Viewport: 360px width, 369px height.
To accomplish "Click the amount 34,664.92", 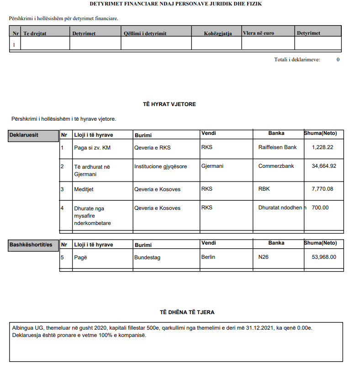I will tap(324, 166).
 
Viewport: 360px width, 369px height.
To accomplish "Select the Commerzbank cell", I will tap(276, 166).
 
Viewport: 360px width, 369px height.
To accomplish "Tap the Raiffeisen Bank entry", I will tap(277, 147).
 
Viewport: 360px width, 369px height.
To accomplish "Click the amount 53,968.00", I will tap(324, 257).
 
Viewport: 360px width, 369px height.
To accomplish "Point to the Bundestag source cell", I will tap(147, 258).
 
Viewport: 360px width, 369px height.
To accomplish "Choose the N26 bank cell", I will tap(264, 257).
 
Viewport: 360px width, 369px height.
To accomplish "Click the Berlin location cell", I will tap(208, 257).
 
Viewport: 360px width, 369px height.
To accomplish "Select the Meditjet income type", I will tap(84, 189).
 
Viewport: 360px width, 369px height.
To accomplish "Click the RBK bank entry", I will tap(265, 189).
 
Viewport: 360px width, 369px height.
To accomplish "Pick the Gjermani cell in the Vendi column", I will tap(212, 166).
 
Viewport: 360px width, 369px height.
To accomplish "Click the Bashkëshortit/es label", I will tap(31, 245).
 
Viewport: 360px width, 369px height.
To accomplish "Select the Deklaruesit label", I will tap(24, 135).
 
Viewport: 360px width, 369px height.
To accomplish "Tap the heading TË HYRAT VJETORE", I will tap(169, 104).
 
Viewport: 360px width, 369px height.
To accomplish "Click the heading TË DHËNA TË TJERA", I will tap(187, 312).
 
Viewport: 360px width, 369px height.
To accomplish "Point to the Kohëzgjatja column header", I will tap(218, 33).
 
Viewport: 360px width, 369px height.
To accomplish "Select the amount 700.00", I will tap(320, 208).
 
